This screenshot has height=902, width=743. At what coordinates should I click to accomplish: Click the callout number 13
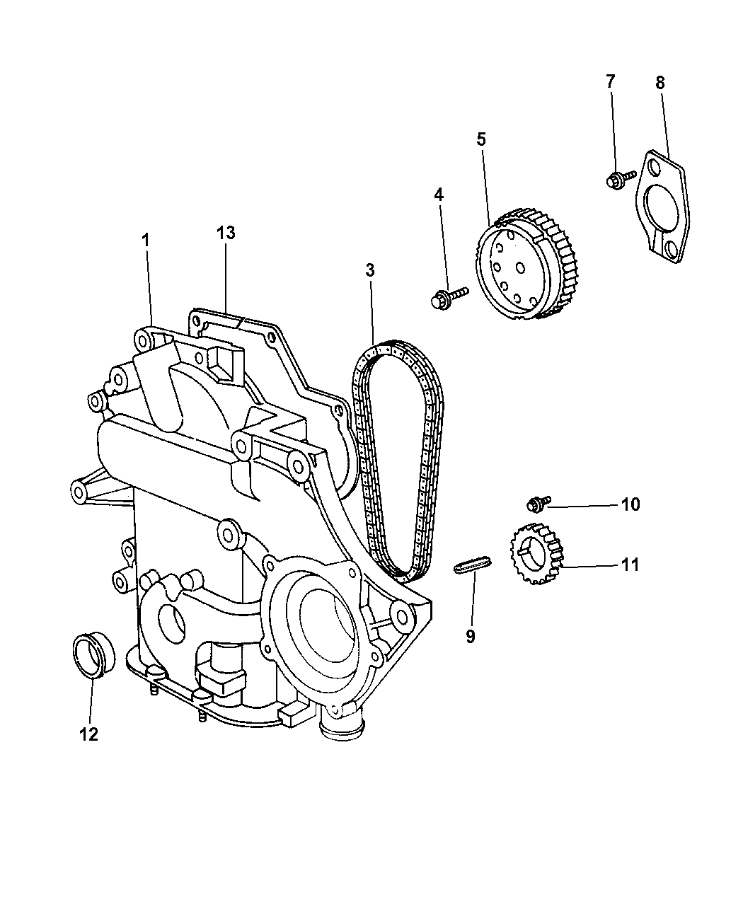coord(226,233)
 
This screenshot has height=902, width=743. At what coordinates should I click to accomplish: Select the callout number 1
coord(146,241)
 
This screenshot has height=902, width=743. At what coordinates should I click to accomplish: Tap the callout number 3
coord(369,270)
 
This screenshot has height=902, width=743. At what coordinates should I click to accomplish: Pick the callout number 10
coord(630,504)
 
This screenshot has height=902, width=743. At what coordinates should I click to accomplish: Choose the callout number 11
coord(630,565)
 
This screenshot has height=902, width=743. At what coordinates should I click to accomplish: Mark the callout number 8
coord(660,83)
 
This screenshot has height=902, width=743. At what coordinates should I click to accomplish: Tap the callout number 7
coord(610,81)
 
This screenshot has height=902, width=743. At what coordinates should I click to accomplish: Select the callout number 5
coord(481,139)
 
